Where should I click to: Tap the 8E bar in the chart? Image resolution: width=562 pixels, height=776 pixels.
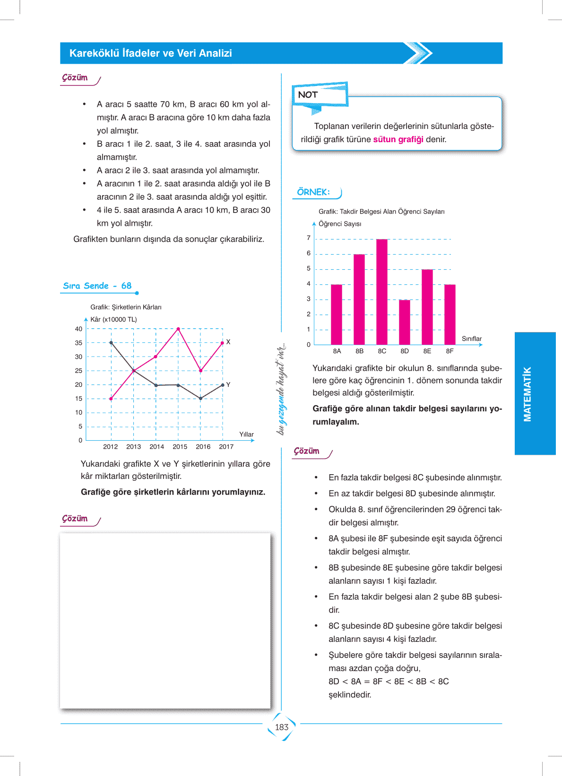click(x=427, y=307)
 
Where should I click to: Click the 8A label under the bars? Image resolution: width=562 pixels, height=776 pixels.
click(x=337, y=351)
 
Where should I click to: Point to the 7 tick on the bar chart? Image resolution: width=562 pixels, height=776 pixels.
click(x=309, y=238)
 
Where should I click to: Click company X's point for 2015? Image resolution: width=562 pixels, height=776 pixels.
click(x=178, y=329)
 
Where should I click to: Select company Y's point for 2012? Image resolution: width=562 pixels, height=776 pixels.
click(x=111, y=342)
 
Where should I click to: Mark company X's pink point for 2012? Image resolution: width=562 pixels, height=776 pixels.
click(x=111, y=399)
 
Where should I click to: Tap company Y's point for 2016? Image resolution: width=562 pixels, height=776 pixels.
click(x=200, y=399)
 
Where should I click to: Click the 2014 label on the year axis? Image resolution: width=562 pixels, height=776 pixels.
click(x=157, y=447)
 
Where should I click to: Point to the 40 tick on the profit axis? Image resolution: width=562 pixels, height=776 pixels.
click(x=78, y=329)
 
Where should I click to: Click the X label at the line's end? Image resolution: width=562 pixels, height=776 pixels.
click(x=228, y=342)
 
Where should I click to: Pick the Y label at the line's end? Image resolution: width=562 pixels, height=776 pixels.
click(x=228, y=384)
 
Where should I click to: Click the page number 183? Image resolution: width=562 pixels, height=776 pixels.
click(x=282, y=727)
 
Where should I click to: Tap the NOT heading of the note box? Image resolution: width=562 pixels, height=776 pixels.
click(x=308, y=95)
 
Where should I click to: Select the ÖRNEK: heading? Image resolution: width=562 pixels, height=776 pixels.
click(x=313, y=192)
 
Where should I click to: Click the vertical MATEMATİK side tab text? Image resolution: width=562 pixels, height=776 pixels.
click(x=527, y=394)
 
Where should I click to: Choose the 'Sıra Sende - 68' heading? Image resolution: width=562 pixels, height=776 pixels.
click(x=97, y=286)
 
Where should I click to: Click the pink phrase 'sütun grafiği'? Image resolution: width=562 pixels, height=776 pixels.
click(x=398, y=139)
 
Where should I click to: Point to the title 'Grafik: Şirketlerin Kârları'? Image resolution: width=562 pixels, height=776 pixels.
click(x=126, y=307)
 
